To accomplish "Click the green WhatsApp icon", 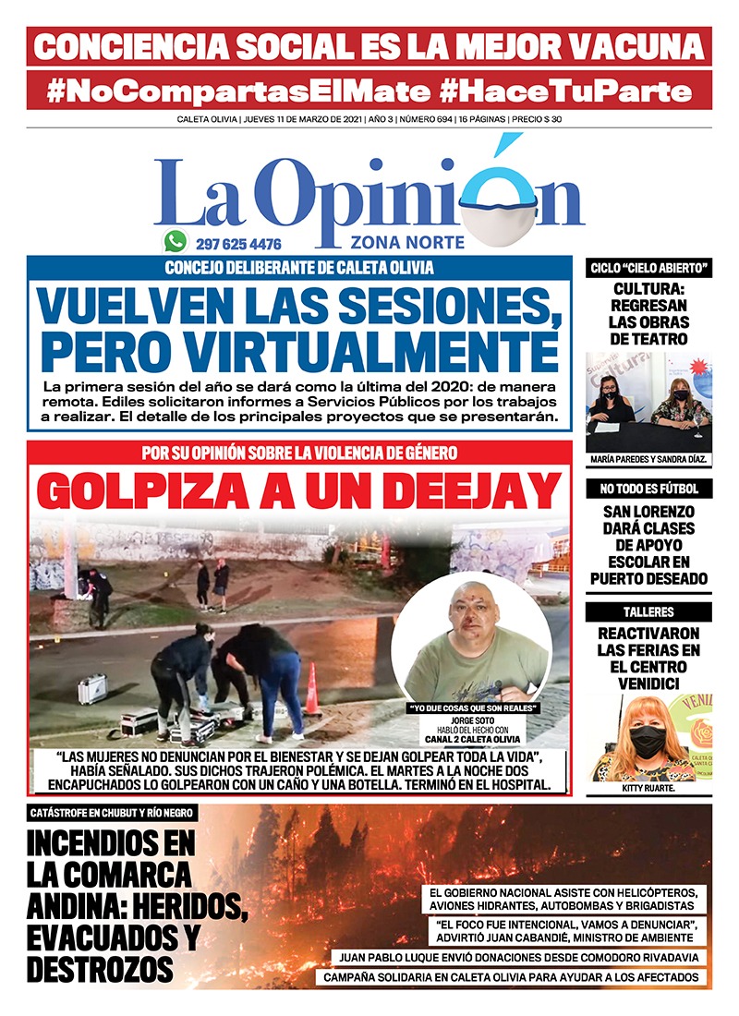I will (175, 242).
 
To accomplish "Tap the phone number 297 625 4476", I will (238, 245).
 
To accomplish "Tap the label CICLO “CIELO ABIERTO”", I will (648, 268).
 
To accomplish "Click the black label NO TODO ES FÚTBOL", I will (648, 488).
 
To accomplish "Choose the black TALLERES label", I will (648, 611).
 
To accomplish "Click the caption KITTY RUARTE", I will (648, 791).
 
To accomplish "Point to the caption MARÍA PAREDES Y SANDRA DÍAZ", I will (648, 459).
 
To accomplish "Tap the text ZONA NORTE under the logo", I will (394, 243).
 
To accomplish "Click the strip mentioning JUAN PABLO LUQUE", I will (523, 958).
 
